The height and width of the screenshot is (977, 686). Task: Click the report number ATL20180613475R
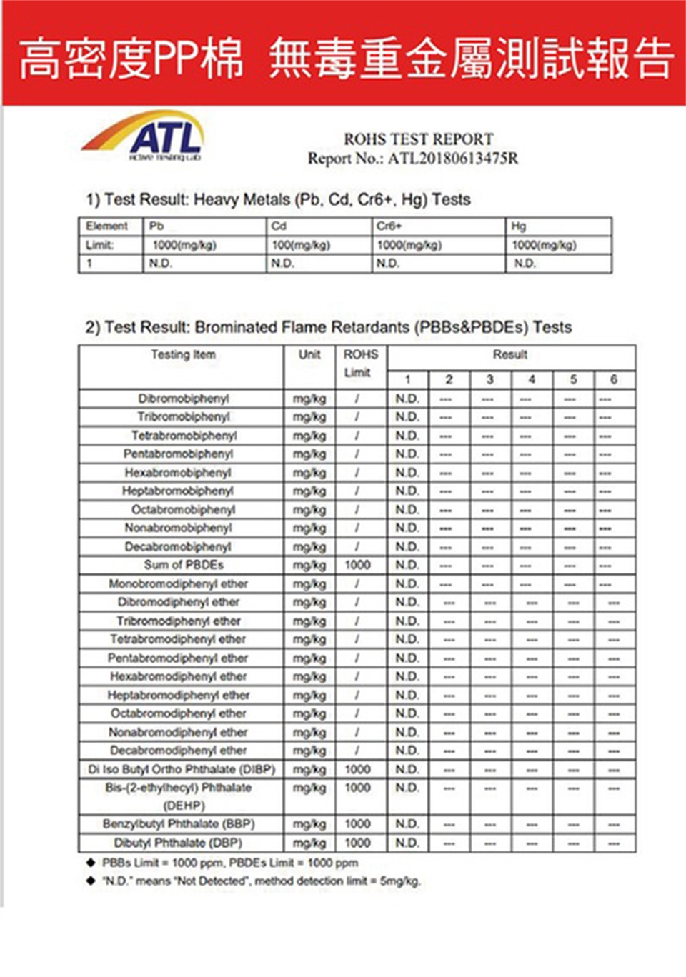[x=453, y=159]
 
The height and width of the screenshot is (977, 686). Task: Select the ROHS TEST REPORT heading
[x=418, y=139]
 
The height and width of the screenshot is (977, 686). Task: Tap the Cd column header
[x=279, y=226]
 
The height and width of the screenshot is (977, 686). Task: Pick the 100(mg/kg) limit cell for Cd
[x=301, y=245]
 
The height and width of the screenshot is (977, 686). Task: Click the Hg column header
[x=519, y=226]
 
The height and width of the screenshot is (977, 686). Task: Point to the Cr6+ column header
[x=389, y=226]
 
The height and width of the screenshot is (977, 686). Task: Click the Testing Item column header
[x=183, y=355]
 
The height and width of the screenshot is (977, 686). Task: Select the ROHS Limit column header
[x=360, y=363]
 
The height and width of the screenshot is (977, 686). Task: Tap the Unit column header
[x=309, y=355]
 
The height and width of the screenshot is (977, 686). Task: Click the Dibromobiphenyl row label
[x=184, y=399]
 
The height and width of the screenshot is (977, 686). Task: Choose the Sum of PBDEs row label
[x=184, y=565]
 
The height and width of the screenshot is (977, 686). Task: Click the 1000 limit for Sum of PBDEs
[x=357, y=565]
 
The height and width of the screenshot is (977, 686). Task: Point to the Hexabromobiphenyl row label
[x=178, y=473]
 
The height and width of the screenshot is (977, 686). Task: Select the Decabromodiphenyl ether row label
[x=179, y=751]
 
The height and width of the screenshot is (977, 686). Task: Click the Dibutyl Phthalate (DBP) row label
[x=178, y=843]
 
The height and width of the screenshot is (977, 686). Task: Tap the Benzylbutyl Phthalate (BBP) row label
[x=179, y=824]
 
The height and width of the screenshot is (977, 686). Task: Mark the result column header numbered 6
[x=613, y=379]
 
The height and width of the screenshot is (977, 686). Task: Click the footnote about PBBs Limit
[x=229, y=863]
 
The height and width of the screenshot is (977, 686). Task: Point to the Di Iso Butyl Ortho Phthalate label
[x=182, y=769]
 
